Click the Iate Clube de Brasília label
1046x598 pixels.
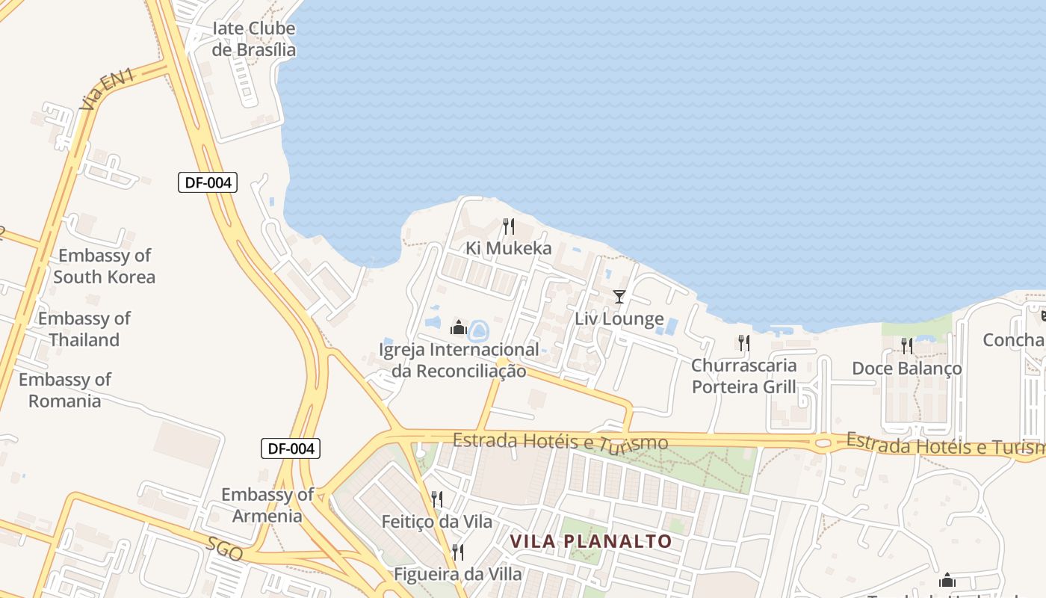pyautogui.click(x=254, y=40)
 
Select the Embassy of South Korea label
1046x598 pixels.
pyautogui.click(x=105, y=266)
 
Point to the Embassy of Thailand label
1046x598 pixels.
pyautogui.click(x=84, y=329)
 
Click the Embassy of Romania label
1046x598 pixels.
pyautogui.click(x=65, y=390)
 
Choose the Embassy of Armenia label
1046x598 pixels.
pyautogui.click(x=267, y=505)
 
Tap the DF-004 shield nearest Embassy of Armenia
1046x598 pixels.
pyautogui.click(x=291, y=449)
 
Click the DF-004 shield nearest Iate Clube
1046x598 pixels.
pyautogui.click(x=208, y=182)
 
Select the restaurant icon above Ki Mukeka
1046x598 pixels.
pyautogui.click(x=509, y=226)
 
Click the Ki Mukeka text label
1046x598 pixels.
pyautogui.click(x=509, y=248)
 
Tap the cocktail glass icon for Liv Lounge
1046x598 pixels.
pyautogui.click(x=619, y=297)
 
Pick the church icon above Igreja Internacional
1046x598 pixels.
pyautogui.click(x=458, y=327)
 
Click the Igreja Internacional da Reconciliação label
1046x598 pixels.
pyautogui.click(x=459, y=360)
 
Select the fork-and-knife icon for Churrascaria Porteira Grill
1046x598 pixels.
pyautogui.click(x=743, y=343)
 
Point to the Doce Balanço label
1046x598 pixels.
pyautogui.click(x=907, y=369)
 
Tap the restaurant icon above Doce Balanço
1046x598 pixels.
pyautogui.click(x=906, y=346)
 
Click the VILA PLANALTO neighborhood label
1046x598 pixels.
pyautogui.click(x=591, y=541)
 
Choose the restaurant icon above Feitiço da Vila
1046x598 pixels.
pyautogui.click(x=437, y=499)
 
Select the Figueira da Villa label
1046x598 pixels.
pyautogui.click(x=458, y=575)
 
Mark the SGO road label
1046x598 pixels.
pyautogui.click(x=225, y=549)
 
